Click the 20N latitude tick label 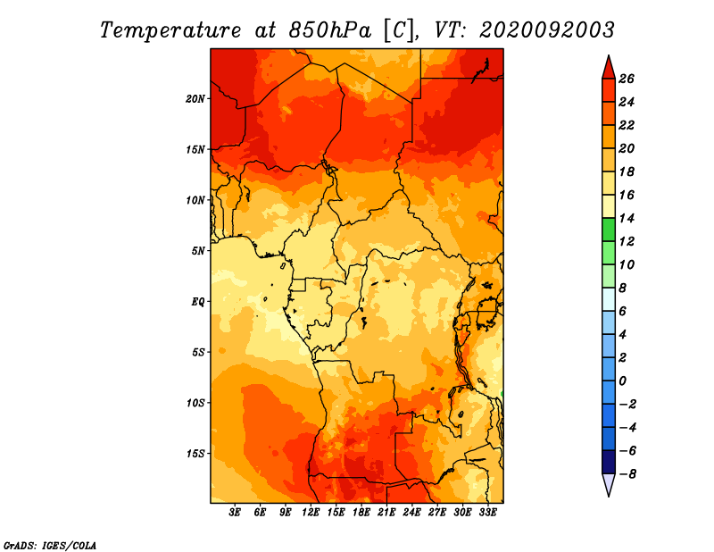(x=195, y=99)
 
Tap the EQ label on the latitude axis (x=198, y=302)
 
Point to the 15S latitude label (x=195, y=454)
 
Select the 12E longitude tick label (x=311, y=513)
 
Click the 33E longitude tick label (x=487, y=513)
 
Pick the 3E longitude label (x=235, y=513)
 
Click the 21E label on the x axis (x=386, y=513)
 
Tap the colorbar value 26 (x=627, y=79)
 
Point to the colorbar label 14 (x=627, y=219)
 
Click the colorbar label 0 (x=622, y=381)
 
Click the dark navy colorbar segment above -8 (x=609, y=462)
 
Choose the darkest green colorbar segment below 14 (x=609, y=230)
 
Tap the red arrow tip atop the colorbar (x=609, y=56)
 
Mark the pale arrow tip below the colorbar (x=609, y=495)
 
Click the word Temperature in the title (x=170, y=31)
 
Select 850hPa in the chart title (x=330, y=31)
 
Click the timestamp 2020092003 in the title (x=547, y=30)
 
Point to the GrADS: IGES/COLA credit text (x=50, y=546)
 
